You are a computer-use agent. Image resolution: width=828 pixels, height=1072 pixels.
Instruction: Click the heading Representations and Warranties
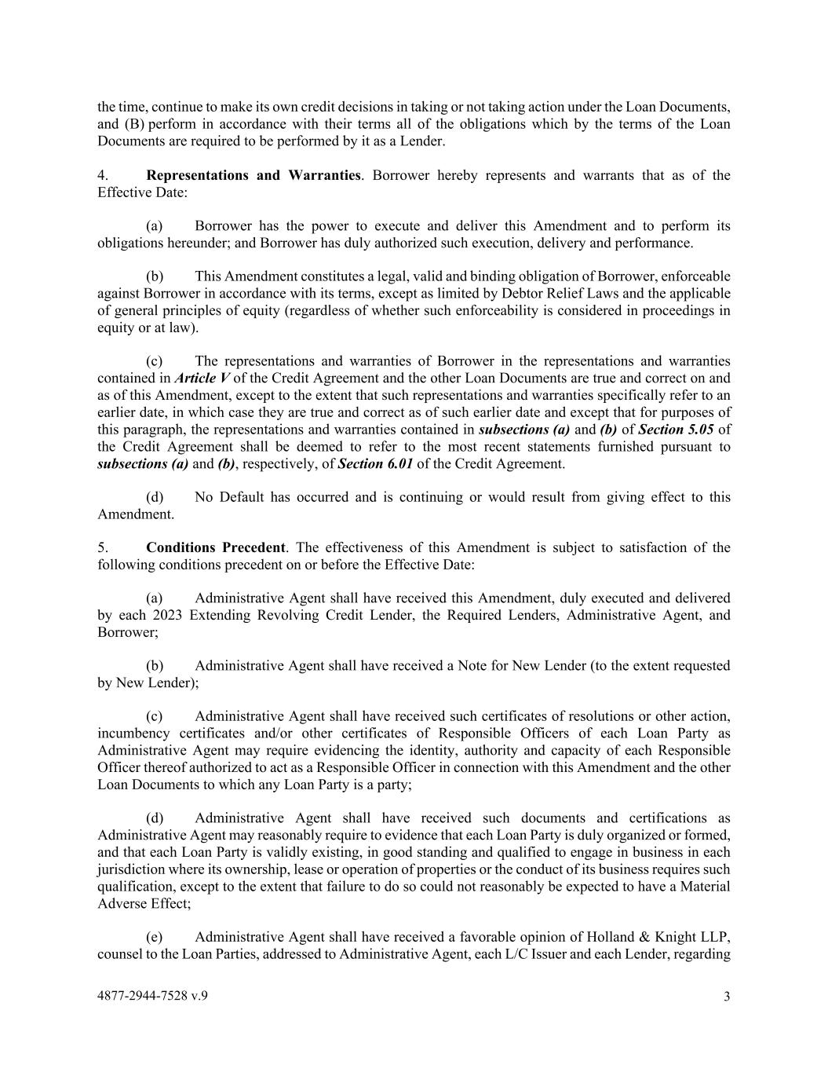point(254,175)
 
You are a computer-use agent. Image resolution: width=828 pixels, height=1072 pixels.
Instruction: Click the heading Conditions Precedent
point(216,547)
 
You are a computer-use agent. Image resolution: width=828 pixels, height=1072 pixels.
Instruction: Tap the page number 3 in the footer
point(727,997)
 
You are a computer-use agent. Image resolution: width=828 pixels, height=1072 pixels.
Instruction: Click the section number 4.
point(102,175)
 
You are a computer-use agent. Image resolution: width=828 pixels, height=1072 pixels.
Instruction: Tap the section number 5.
point(102,547)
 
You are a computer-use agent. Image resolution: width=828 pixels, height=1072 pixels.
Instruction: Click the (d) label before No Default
point(155,497)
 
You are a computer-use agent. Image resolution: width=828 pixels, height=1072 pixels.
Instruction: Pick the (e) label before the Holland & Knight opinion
point(155,937)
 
